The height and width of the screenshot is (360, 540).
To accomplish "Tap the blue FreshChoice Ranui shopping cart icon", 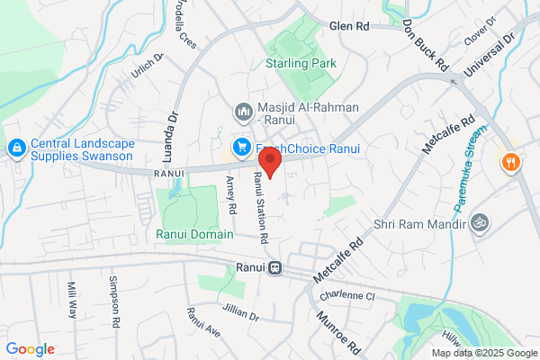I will pos(242,147).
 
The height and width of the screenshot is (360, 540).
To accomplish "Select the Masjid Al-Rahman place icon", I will pos(242,112).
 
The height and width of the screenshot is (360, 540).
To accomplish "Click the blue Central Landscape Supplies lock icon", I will pos(15,147).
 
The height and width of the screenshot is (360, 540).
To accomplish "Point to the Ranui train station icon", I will pos(274,267).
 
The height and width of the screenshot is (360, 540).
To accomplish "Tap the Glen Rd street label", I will pos(350,27).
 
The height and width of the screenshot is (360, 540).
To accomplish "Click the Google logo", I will pos(30,349).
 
